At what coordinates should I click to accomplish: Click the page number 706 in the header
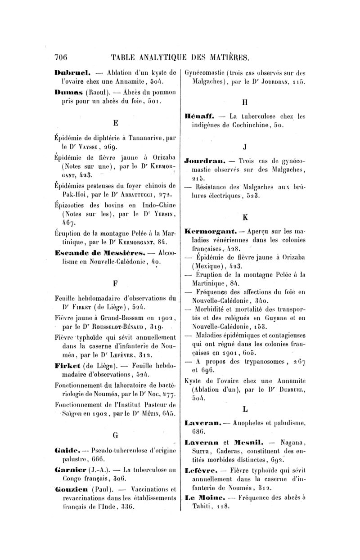tap(60, 57)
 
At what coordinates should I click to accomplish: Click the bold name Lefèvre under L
tap(201, 473)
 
